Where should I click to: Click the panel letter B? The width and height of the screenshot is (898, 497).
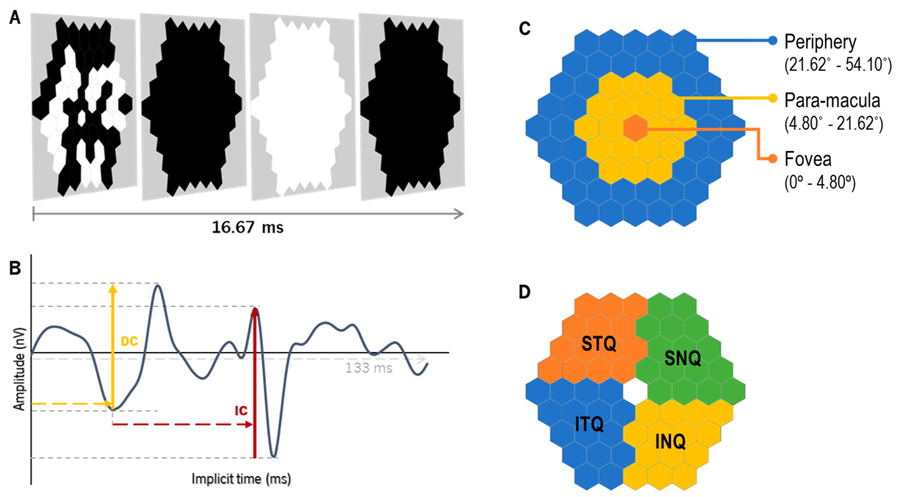pyautogui.click(x=15, y=268)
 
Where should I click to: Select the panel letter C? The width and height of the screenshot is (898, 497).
pyautogui.click(x=525, y=29)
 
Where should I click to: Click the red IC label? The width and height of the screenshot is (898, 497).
pyautogui.click(x=241, y=411)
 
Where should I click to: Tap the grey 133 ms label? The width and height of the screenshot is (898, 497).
pyautogui.click(x=368, y=368)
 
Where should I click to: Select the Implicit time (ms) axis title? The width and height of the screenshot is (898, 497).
pyautogui.click(x=241, y=479)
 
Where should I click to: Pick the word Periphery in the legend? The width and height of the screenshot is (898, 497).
pyautogui.click(x=820, y=42)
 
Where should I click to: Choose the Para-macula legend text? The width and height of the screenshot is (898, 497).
pyautogui.click(x=832, y=100)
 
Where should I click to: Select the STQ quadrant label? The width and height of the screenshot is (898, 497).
pyautogui.click(x=599, y=344)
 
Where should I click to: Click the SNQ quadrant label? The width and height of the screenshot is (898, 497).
pyautogui.click(x=682, y=358)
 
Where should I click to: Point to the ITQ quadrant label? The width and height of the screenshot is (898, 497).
pyautogui.click(x=589, y=424)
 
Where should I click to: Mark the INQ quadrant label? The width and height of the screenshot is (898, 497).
pyautogui.click(x=670, y=442)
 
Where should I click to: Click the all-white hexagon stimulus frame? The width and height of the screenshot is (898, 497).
pyautogui.click(x=302, y=106)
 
